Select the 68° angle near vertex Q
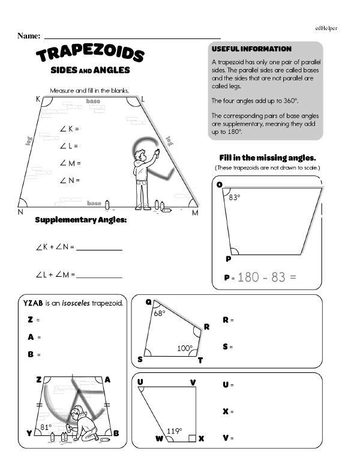click(x=159, y=313)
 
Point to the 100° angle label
click(x=184, y=348)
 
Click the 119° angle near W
click(x=175, y=430)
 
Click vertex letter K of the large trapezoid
click(x=38, y=98)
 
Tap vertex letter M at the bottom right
click(x=195, y=213)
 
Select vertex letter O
click(x=219, y=184)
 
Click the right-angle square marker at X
click(x=191, y=438)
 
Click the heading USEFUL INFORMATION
click(x=251, y=49)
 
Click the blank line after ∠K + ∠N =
click(x=100, y=248)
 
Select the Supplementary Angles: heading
click(x=81, y=220)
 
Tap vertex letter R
click(x=206, y=327)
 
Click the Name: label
click(x=29, y=36)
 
